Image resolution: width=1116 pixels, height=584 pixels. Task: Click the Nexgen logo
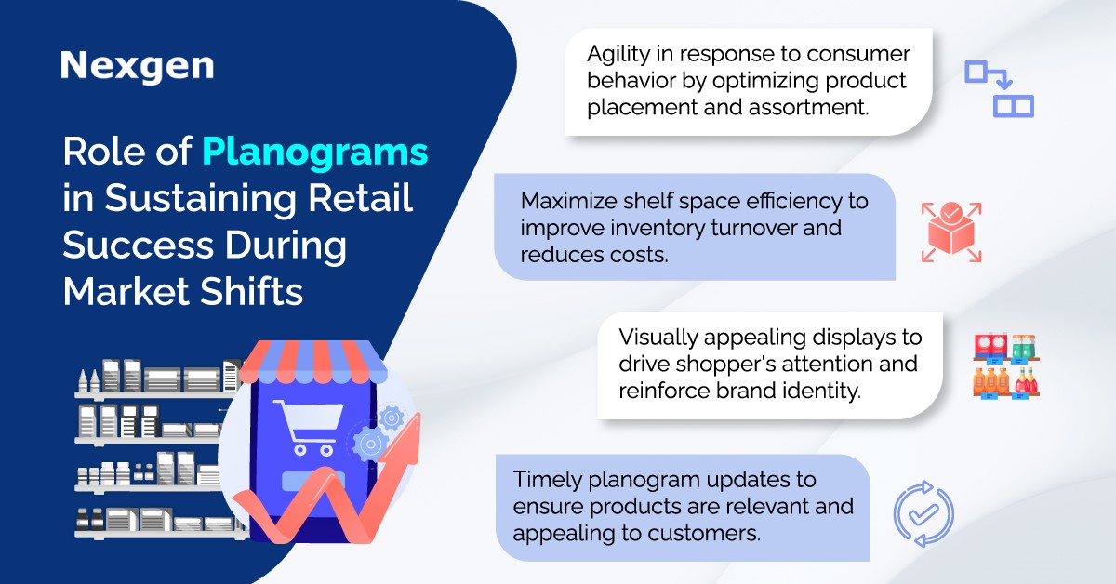click(137, 66)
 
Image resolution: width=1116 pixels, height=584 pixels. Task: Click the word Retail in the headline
click(360, 197)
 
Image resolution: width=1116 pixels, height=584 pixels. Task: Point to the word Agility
click(618, 55)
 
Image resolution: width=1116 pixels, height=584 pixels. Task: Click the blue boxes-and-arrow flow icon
click(999, 89)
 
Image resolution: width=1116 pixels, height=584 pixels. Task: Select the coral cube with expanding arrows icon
click(951, 232)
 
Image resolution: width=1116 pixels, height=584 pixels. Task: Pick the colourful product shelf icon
click(1006, 366)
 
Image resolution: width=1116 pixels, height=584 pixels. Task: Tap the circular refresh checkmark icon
click(923, 513)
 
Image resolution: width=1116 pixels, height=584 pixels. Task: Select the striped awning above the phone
click(312, 361)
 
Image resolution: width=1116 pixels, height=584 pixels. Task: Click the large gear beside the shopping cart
click(370, 445)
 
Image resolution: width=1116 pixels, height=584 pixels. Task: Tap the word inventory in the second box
click(658, 229)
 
